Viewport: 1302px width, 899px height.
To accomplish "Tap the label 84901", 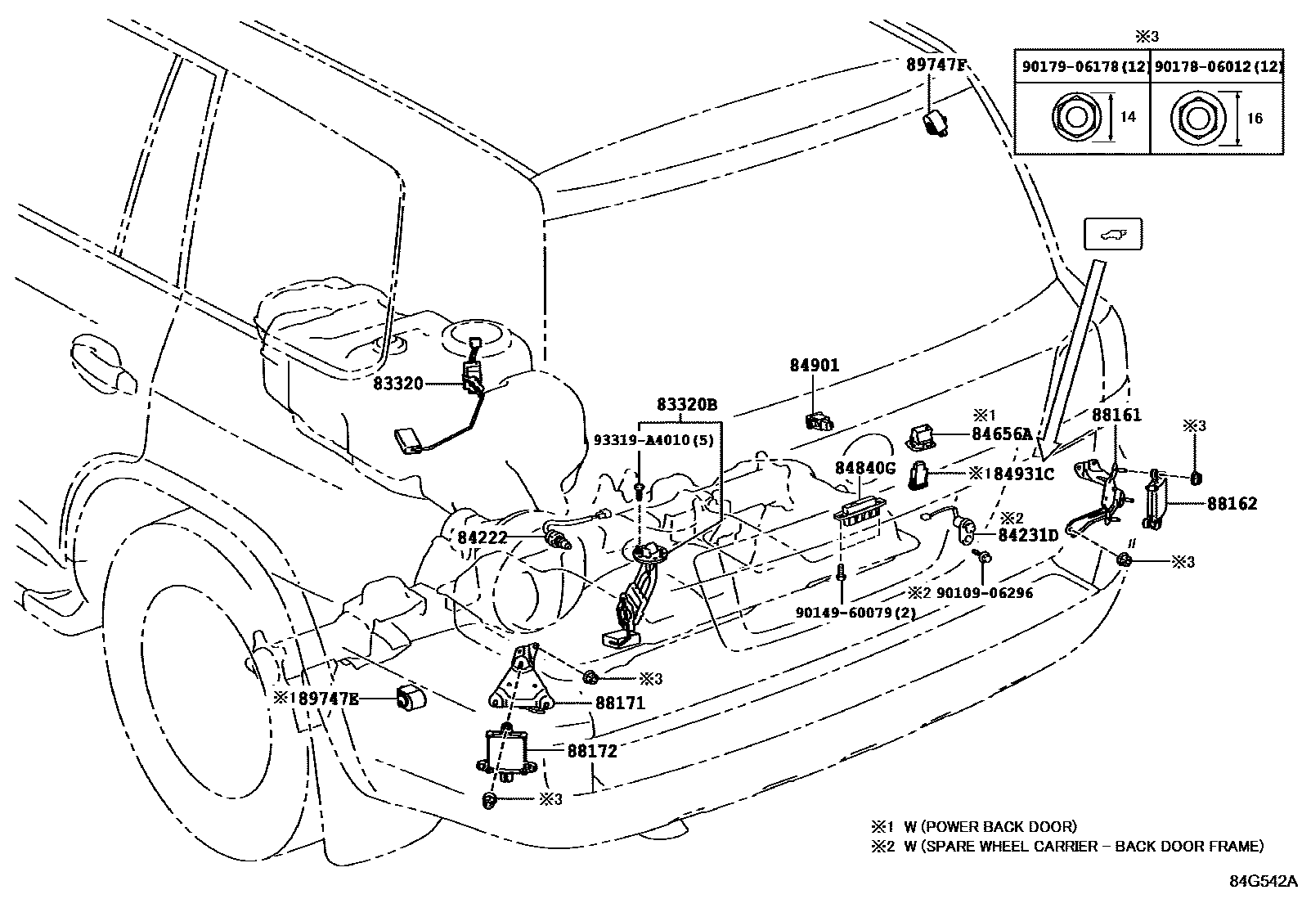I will [x=814, y=366].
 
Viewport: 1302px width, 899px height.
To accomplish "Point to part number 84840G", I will [x=866, y=468].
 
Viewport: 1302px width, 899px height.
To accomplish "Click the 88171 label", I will [x=620, y=702].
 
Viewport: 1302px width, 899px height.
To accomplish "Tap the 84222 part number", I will [x=483, y=537].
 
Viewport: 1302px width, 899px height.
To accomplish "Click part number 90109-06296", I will [x=985, y=592].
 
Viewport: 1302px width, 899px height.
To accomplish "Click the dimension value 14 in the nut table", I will [x=1128, y=118].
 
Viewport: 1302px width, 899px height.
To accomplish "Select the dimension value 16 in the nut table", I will [x=1255, y=119].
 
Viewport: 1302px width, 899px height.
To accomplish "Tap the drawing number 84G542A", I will [x=1263, y=881].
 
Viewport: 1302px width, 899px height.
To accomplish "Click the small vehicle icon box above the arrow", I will [x=1112, y=235].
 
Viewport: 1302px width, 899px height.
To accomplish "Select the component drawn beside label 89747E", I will [x=412, y=699].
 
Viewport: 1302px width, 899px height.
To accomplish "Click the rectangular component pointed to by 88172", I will [x=507, y=750].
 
